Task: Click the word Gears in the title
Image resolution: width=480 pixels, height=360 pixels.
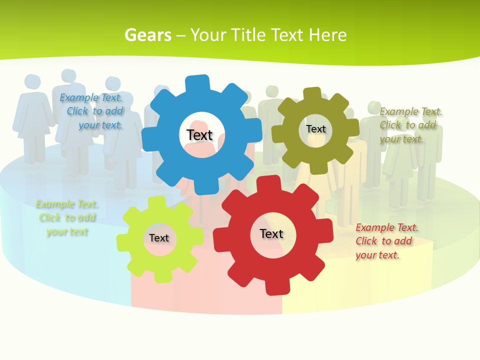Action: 148,35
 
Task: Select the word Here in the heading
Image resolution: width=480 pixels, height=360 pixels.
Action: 327,35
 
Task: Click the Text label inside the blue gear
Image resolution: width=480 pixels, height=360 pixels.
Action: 199,135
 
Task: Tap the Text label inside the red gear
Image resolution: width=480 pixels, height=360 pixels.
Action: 271,233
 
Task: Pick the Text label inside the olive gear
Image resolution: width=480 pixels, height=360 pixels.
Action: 316,129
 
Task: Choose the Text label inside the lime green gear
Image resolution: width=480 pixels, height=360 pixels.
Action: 159,238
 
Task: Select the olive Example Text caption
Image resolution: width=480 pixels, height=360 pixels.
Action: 410,125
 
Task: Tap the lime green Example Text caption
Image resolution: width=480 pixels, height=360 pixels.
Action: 67,218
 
